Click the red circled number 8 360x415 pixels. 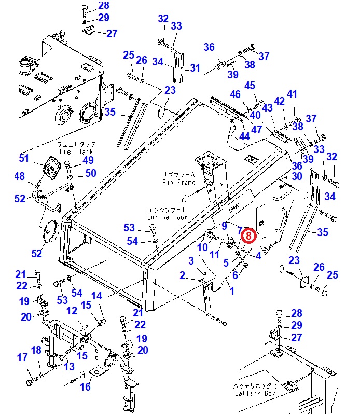248,235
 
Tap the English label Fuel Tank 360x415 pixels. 76,151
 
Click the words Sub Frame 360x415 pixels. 178,183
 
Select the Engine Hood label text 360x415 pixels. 168,217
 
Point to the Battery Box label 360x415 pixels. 255,393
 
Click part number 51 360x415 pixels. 24,158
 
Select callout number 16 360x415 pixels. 85,386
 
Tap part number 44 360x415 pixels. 244,136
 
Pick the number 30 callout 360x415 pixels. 297,176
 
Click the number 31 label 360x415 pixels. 195,68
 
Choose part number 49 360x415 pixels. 88,160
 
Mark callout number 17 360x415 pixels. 22,357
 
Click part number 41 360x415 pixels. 292,94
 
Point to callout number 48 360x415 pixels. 20,176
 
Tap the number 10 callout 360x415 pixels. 202,247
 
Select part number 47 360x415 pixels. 256,129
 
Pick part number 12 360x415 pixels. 72,310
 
